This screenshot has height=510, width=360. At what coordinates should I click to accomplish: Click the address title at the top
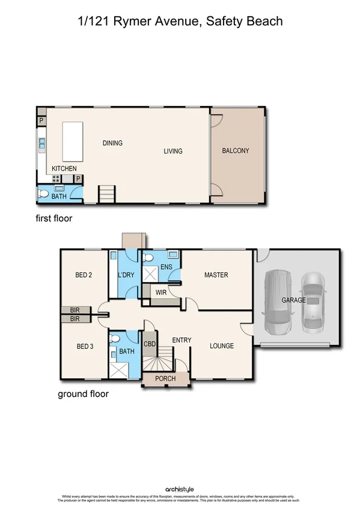tap(180, 22)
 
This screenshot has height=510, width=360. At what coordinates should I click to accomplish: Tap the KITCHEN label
tap(64, 168)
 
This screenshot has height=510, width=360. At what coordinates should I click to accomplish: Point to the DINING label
tap(112, 143)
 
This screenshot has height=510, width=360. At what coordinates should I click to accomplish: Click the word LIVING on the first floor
tap(173, 151)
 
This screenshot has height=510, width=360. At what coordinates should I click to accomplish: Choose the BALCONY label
tap(235, 151)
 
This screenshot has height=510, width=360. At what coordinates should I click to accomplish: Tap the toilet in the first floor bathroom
tap(43, 194)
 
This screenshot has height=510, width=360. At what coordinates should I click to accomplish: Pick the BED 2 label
tap(84, 275)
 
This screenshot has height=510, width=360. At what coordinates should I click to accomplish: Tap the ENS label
tap(166, 266)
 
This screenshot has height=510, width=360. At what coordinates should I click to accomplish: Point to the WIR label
tap(160, 292)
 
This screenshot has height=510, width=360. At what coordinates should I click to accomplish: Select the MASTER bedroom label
tap(216, 275)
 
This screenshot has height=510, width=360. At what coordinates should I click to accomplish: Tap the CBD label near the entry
tap(150, 344)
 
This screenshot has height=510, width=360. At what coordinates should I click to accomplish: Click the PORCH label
tap(165, 379)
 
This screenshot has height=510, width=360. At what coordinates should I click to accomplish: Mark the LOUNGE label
tap(221, 346)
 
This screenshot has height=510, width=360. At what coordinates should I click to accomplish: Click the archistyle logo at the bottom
tap(179, 490)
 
